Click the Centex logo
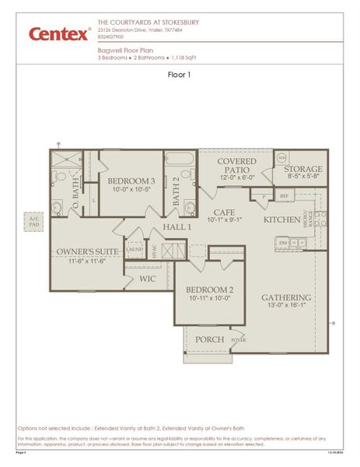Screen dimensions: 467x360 [x=59, y=33]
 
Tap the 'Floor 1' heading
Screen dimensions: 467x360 [x=180, y=75]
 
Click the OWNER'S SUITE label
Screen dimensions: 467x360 [x=87, y=252]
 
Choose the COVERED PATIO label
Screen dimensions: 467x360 [x=236, y=167]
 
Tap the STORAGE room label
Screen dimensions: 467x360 [x=302, y=170]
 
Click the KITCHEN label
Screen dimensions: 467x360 [x=281, y=220]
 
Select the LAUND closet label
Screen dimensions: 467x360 [x=135, y=250]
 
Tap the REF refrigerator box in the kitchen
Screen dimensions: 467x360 [x=285, y=197]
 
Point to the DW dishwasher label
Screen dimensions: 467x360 [x=282, y=243]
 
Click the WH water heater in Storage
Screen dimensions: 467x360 [x=281, y=157]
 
